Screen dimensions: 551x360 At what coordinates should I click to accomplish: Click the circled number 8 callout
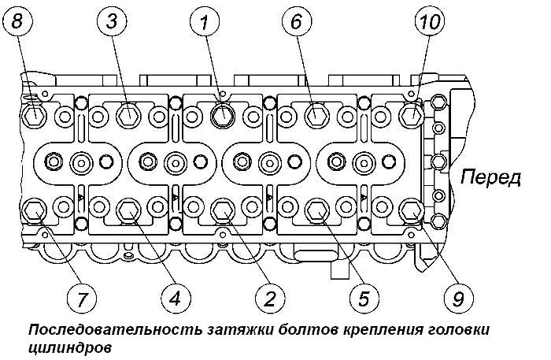click(x=17, y=22)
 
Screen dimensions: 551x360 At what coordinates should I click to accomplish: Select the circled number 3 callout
click(x=112, y=22)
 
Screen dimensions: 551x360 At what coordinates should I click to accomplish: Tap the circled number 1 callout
click(x=205, y=22)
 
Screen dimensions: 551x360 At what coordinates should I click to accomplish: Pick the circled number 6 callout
click(x=297, y=22)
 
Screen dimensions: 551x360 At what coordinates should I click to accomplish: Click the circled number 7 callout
click(x=82, y=299)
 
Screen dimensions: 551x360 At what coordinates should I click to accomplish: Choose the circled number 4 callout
click(x=176, y=299)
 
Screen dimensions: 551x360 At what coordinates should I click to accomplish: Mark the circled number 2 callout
click(x=270, y=299)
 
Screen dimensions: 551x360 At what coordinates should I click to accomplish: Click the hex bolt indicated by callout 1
click(x=223, y=115)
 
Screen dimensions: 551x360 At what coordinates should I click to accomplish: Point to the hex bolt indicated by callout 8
click(x=34, y=115)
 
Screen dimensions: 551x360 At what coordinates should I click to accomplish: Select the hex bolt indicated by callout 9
click(x=412, y=211)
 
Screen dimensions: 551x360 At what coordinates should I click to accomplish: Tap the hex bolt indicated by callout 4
click(x=128, y=211)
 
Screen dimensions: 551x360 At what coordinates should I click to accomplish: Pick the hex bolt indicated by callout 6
click(x=316, y=115)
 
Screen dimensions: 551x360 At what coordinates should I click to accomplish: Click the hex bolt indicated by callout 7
click(x=34, y=211)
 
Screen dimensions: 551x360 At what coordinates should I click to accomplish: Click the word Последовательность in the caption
click(x=115, y=331)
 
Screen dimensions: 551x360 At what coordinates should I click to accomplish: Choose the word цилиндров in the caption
click(x=69, y=348)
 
